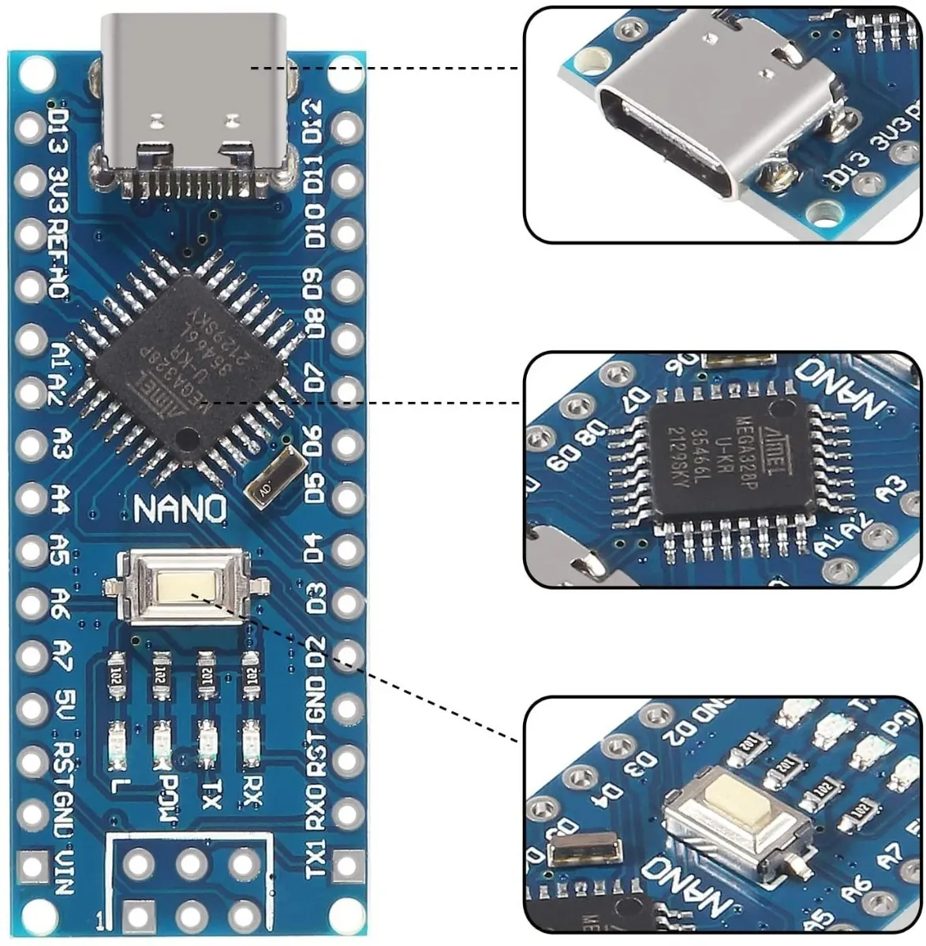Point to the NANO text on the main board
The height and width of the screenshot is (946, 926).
pyautogui.click(x=181, y=508)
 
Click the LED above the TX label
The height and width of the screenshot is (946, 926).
pyautogui.click(x=208, y=743)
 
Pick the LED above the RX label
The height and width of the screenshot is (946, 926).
pyautogui.click(x=252, y=743)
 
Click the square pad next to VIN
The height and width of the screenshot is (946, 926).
pyautogui.click(x=32, y=866)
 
